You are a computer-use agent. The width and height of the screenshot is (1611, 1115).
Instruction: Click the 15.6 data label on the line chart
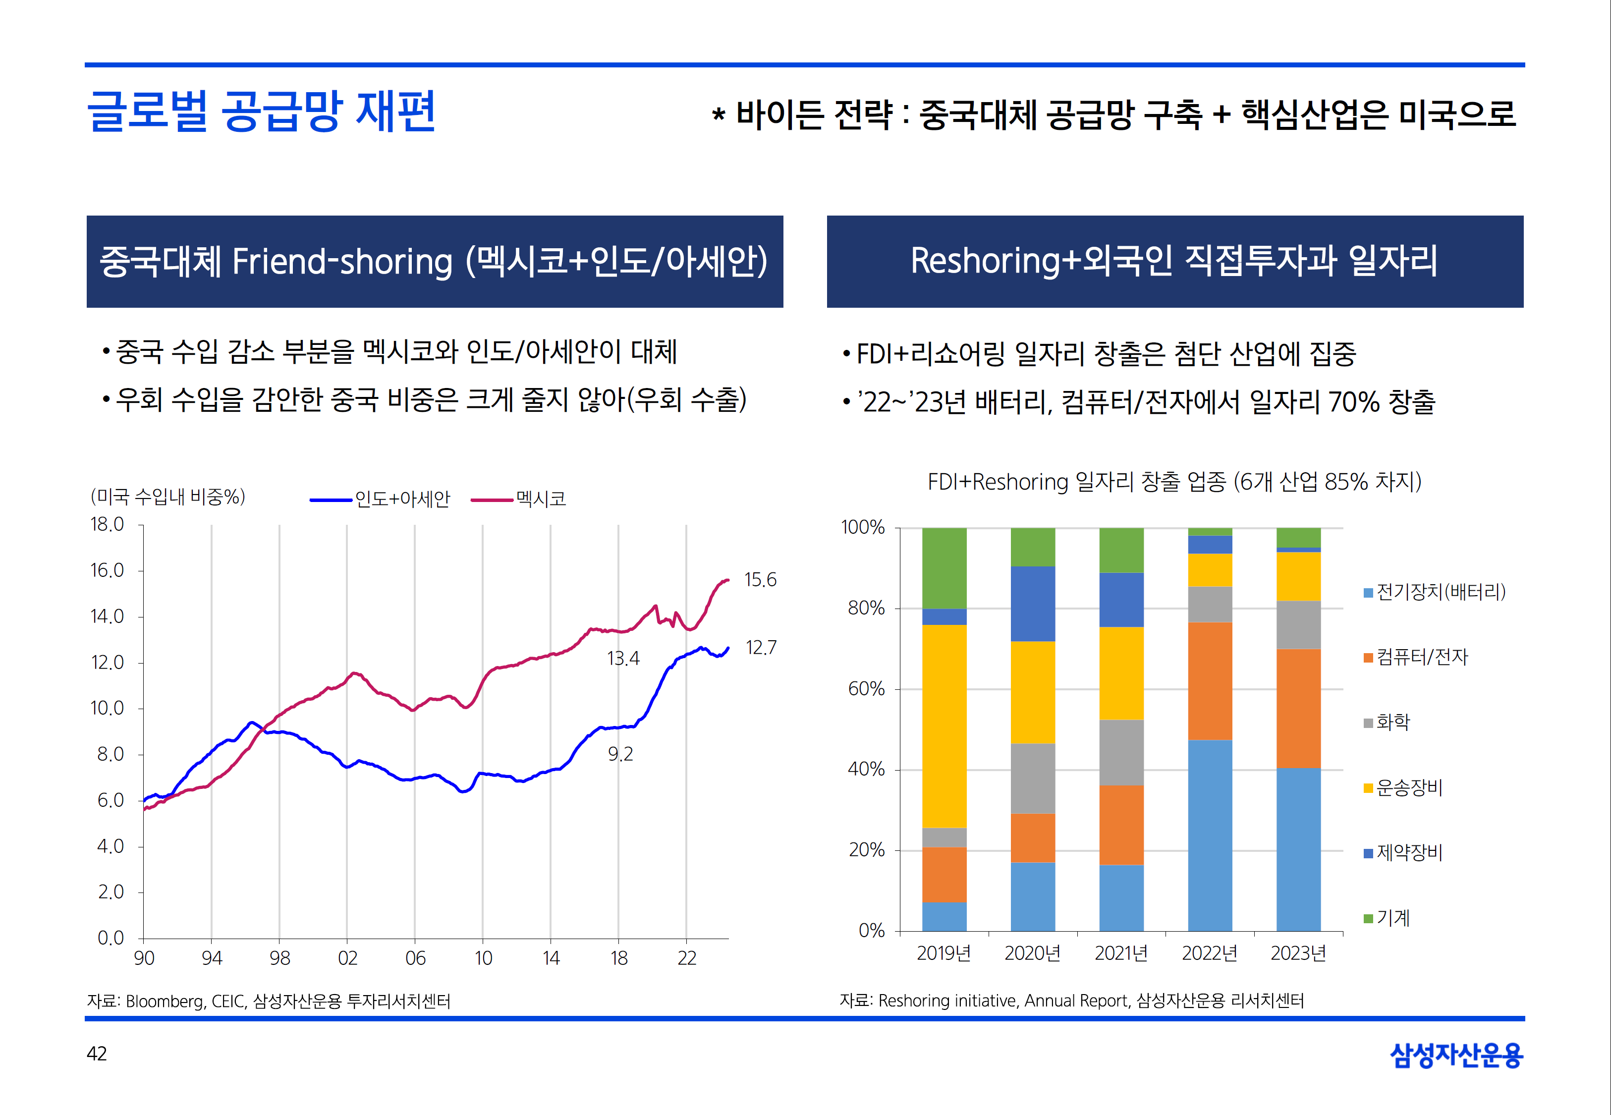tap(760, 580)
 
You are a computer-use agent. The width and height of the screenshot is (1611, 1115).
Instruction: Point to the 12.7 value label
tap(761, 648)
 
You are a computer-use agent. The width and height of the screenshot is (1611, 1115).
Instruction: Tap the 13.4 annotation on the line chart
tap(623, 658)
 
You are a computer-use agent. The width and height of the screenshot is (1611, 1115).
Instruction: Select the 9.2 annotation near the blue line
tap(620, 754)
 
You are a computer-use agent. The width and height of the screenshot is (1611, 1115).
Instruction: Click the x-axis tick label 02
tap(347, 958)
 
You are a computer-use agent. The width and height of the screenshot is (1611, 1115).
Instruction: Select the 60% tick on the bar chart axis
tap(866, 689)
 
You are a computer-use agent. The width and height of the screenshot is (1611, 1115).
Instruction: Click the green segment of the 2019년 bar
tap(944, 567)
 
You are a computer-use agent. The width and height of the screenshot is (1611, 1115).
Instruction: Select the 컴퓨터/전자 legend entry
tap(1422, 657)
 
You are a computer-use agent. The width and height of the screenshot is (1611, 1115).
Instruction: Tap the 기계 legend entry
tap(1392, 917)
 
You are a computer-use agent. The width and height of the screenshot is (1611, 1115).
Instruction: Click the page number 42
tap(97, 1054)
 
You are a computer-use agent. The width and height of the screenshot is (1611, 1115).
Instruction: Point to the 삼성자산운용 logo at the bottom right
tap(1456, 1055)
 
